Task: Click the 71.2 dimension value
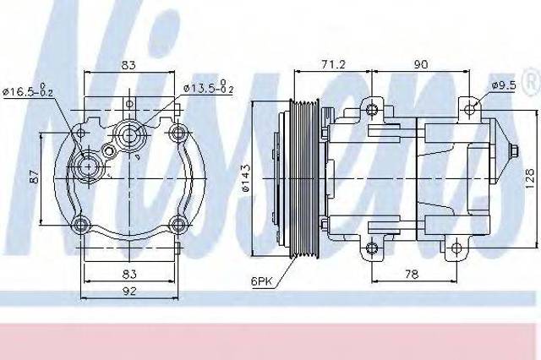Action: [x=333, y=64]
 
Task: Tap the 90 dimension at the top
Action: [x=420, y=64]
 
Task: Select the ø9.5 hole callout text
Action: [x=505, y=85]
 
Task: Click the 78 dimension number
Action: [x=412, y=274]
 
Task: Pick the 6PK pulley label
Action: [x=261, y=281]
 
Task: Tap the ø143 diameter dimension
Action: [x=246, y=178]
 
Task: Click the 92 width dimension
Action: [x=129, y=292]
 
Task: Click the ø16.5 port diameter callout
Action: [x=28, y=90]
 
